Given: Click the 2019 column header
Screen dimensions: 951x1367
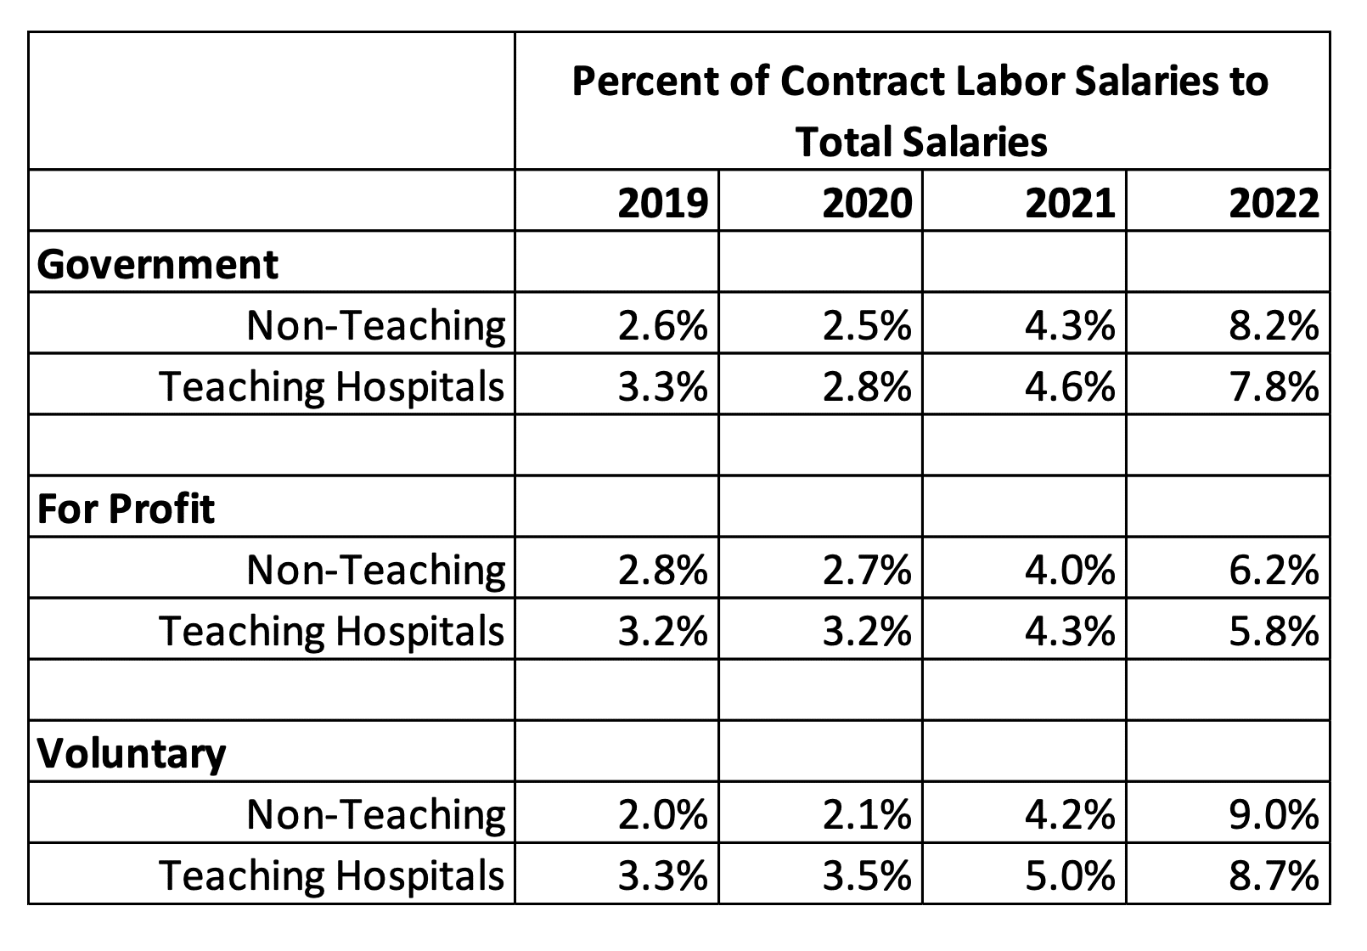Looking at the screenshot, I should (x=662, y=204).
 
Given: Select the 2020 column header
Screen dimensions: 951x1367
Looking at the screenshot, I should (x=867, y=204).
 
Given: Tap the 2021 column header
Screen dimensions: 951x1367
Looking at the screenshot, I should (x=1070, y=204).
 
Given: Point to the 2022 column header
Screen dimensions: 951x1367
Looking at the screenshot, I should (x=1274, y=204).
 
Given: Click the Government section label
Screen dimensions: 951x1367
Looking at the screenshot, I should (x=158, y=264).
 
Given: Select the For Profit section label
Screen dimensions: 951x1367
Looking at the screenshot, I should (x=127, y=509).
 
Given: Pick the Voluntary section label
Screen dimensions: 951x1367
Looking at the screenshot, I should (x=132, y=753).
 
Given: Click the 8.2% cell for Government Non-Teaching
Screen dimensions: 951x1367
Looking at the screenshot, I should (x=1274, y=325).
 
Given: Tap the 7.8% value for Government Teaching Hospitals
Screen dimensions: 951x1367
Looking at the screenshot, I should (x=1274, y=386).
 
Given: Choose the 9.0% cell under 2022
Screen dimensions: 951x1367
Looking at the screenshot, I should (x=1274, y=814).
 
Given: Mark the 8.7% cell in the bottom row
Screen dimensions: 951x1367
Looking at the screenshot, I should (x=1274, y=875).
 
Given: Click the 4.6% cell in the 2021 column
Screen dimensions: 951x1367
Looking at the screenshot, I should (x=1070, y=386).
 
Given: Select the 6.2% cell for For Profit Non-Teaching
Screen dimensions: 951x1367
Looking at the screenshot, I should (x=1274, y=570).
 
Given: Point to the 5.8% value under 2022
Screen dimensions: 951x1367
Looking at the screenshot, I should (x=1274, y=631).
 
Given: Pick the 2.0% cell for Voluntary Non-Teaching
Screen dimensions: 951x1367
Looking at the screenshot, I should (x=662, y=814).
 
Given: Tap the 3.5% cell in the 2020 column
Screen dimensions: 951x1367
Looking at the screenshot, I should (x=867, y=875).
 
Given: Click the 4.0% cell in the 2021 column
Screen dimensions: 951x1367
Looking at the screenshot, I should (x=1070, y=570).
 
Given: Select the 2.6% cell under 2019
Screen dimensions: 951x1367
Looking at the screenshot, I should (x=662, y=325).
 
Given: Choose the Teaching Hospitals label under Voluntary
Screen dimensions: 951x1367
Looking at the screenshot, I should (x=332, y=875).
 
